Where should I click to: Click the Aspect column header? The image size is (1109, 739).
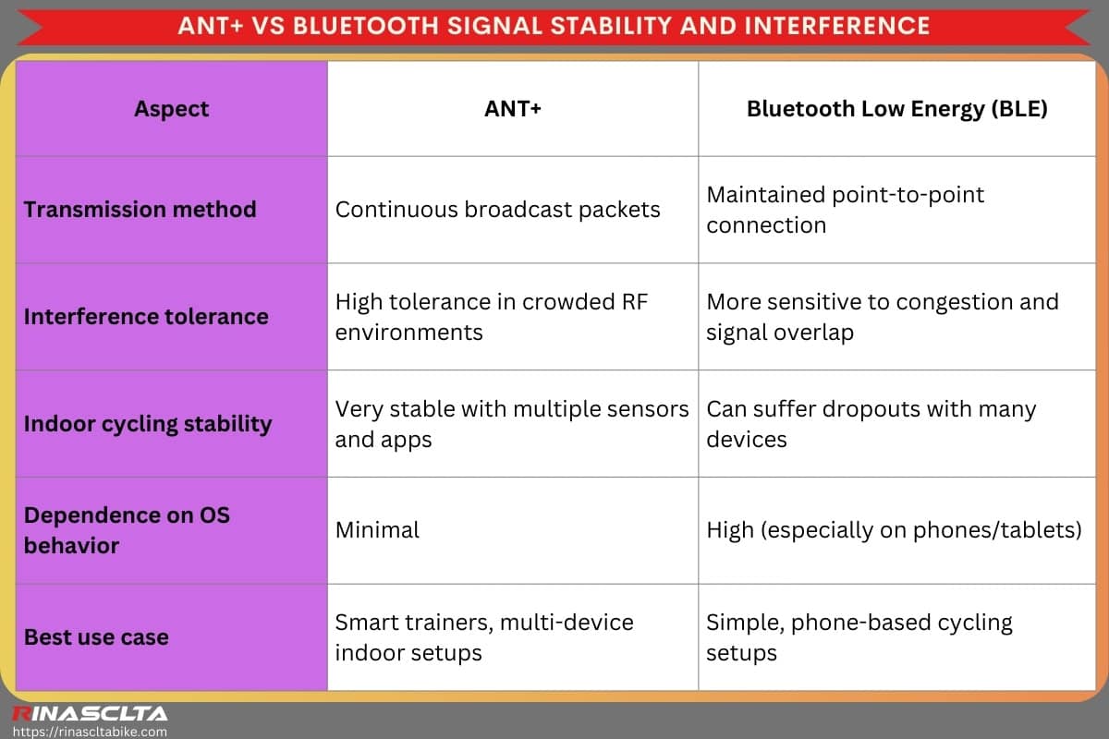pos(171,109)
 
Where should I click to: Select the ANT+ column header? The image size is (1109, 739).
pos(513,109)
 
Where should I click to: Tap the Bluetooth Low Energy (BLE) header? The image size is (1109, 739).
pos(896,109)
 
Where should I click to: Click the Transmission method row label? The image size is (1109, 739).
pos(140,209)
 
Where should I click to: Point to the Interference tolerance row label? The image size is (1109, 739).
pos(146,316)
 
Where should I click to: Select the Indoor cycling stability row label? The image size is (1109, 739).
pos(148,424)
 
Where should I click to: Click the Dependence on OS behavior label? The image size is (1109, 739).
pos(127,530)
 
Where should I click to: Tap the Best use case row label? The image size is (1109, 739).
pos(96,637)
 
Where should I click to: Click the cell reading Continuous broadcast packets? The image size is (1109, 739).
pos(497,209)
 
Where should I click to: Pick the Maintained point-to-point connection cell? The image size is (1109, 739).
pos(845,210)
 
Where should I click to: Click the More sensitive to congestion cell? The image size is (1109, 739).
pos(882,317)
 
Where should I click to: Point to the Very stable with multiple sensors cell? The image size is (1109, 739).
pos(512,424)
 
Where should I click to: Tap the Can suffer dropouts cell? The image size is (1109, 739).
pos(871,424)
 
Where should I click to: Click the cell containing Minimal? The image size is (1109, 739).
pos(377,530)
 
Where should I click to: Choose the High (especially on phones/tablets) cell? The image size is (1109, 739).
pos(894,530)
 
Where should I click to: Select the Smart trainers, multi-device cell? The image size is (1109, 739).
pos(483,637)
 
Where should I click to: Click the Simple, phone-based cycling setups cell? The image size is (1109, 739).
pos(859,637)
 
